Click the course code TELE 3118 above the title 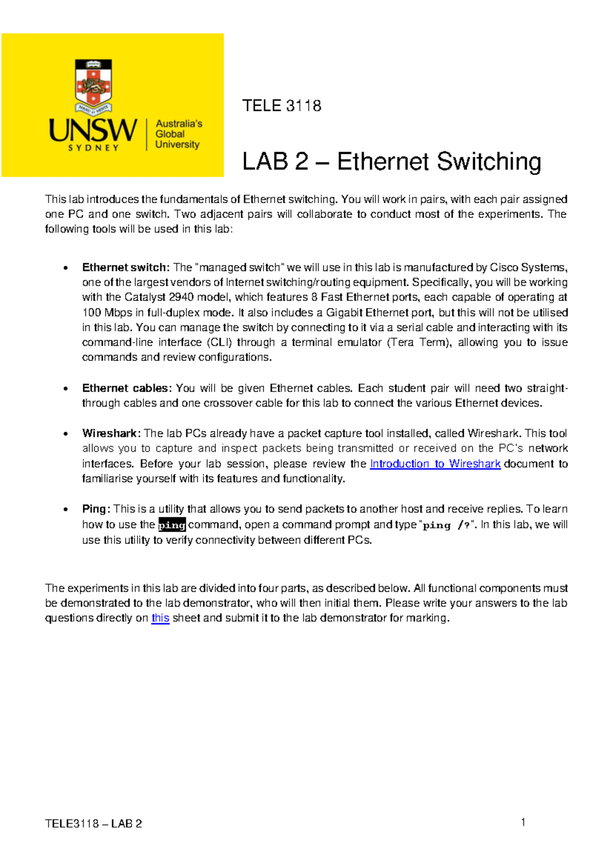click(x=281, y=106)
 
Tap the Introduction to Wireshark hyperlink click(x=435, y=464)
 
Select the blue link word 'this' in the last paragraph click(x=160, y=618)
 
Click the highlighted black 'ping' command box click(x=172, y=525)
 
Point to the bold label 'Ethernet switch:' click(x=125, y=268)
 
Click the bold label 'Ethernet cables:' click(x=127, y=388)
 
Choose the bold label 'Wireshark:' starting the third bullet click(x=111, y=434)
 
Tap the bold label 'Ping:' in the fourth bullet click(x=96, y=509)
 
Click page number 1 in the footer click(x=523, y=822)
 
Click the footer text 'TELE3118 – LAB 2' click(x=93, y=824)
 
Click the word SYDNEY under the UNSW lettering click(x=93, y=148)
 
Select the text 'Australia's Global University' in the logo click(x=178, y=134)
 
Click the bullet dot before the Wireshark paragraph click(x=65, y=434)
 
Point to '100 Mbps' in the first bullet click(x=107, y=312)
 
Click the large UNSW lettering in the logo click(x=93, y=130)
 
